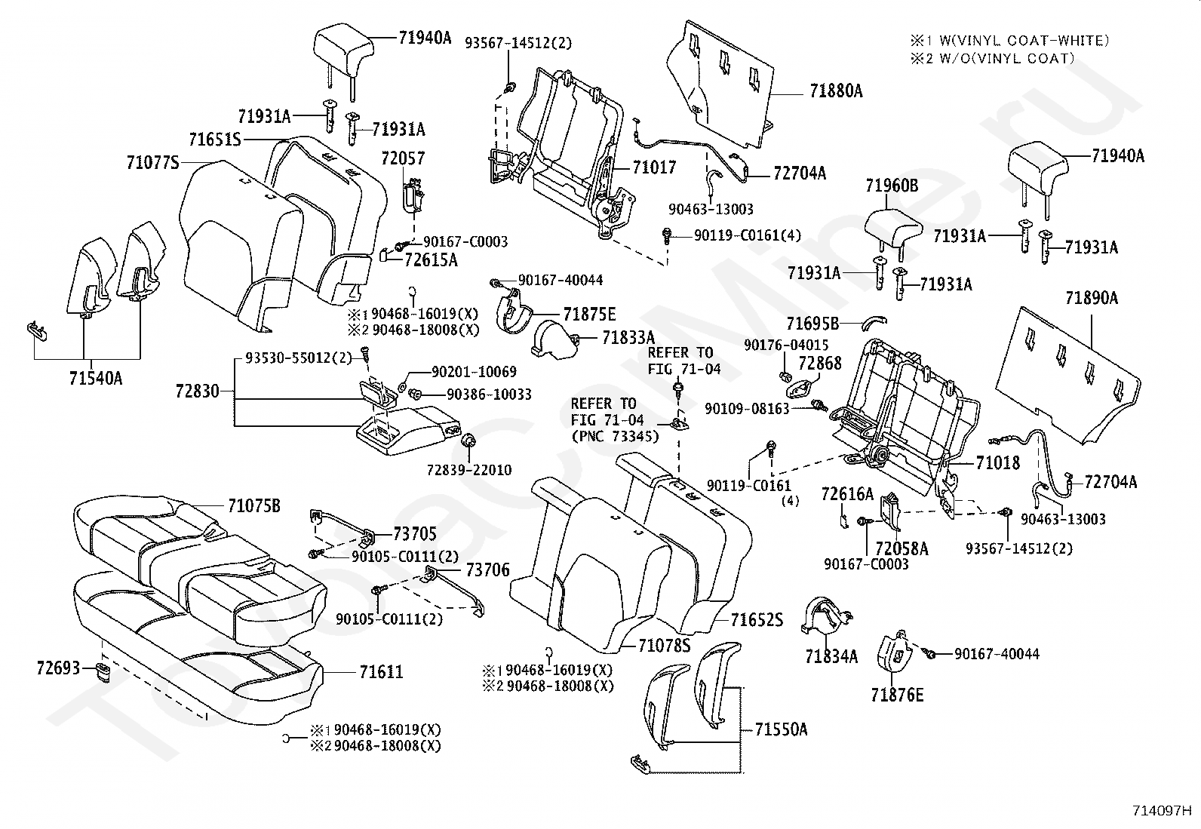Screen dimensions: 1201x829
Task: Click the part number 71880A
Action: click(836, 91)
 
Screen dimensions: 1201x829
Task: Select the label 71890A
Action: click(1092, 298)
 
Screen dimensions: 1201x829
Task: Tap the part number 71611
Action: click(381, 671)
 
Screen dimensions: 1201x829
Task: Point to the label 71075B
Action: click(254, 505)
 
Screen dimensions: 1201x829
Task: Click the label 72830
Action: click(198, 391)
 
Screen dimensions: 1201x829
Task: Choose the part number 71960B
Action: click(892, 186)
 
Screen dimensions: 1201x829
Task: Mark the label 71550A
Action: click(781, 729)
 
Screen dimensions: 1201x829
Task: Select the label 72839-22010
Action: click(469, 470)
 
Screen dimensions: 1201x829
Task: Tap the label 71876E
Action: click(897, 695)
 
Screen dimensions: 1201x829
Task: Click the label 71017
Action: click(654, 167)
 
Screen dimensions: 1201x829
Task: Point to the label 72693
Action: click(58, 668)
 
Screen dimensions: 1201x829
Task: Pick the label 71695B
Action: click(812, 324)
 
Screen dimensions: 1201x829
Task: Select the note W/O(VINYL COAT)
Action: click(1007, 58)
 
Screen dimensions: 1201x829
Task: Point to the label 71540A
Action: click(96, 378)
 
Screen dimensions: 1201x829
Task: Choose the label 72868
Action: click(820, 363)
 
